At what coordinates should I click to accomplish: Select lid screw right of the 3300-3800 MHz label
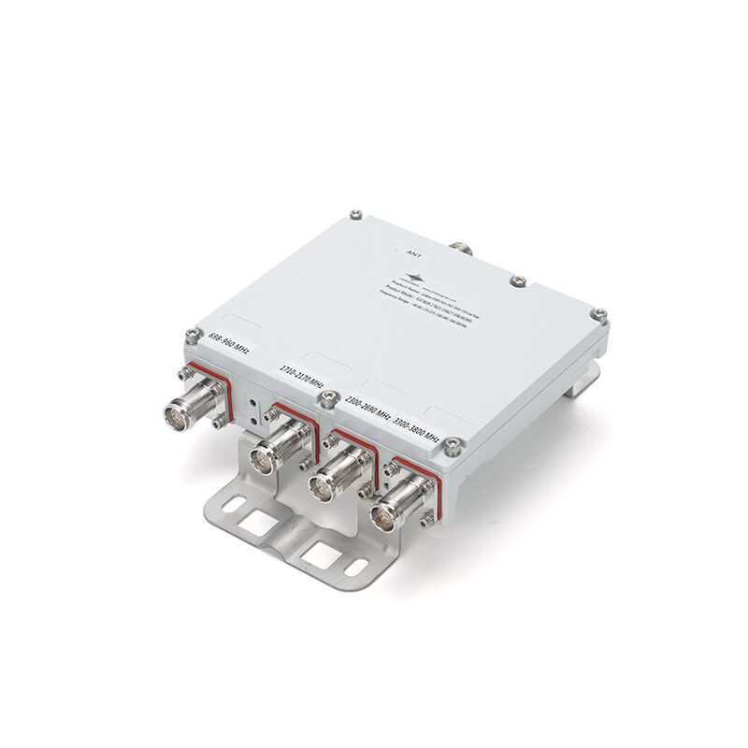tap(453, 445)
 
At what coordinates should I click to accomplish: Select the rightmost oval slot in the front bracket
tap(355, 567)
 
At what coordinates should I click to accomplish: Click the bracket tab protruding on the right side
tap(586, 377)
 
